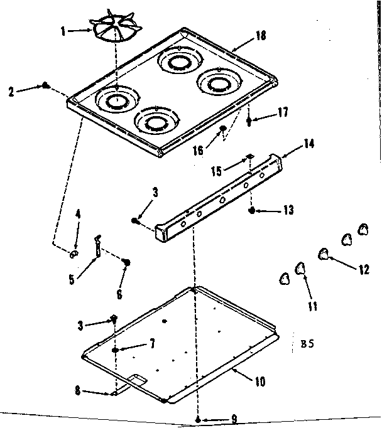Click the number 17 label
point(283,112)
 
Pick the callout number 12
point(363,270)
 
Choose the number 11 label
point(312,306)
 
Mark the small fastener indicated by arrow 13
point(252,211)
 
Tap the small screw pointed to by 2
point(46,85)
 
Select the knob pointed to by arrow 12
point(324,254)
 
